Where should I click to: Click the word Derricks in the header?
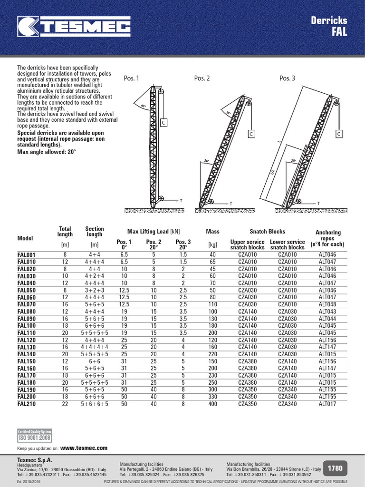point(329,20)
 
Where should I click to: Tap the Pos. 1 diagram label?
point(131,78)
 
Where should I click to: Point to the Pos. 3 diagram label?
point(288,78)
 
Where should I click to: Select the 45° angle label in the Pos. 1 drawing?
point(138,106)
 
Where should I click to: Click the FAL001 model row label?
point(27,255)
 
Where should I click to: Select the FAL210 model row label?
point(27,404)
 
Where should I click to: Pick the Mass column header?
point(213,232)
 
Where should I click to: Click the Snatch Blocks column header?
point(267,232)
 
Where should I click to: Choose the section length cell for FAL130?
point(94,347)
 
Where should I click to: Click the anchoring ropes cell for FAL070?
point(327,304)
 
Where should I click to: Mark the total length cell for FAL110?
point(65,333)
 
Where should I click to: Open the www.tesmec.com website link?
point(84,448)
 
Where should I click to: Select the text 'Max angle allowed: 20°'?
point(47,152)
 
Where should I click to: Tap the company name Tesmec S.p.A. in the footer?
point(35,460)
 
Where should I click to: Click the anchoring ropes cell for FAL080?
point(327,312)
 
